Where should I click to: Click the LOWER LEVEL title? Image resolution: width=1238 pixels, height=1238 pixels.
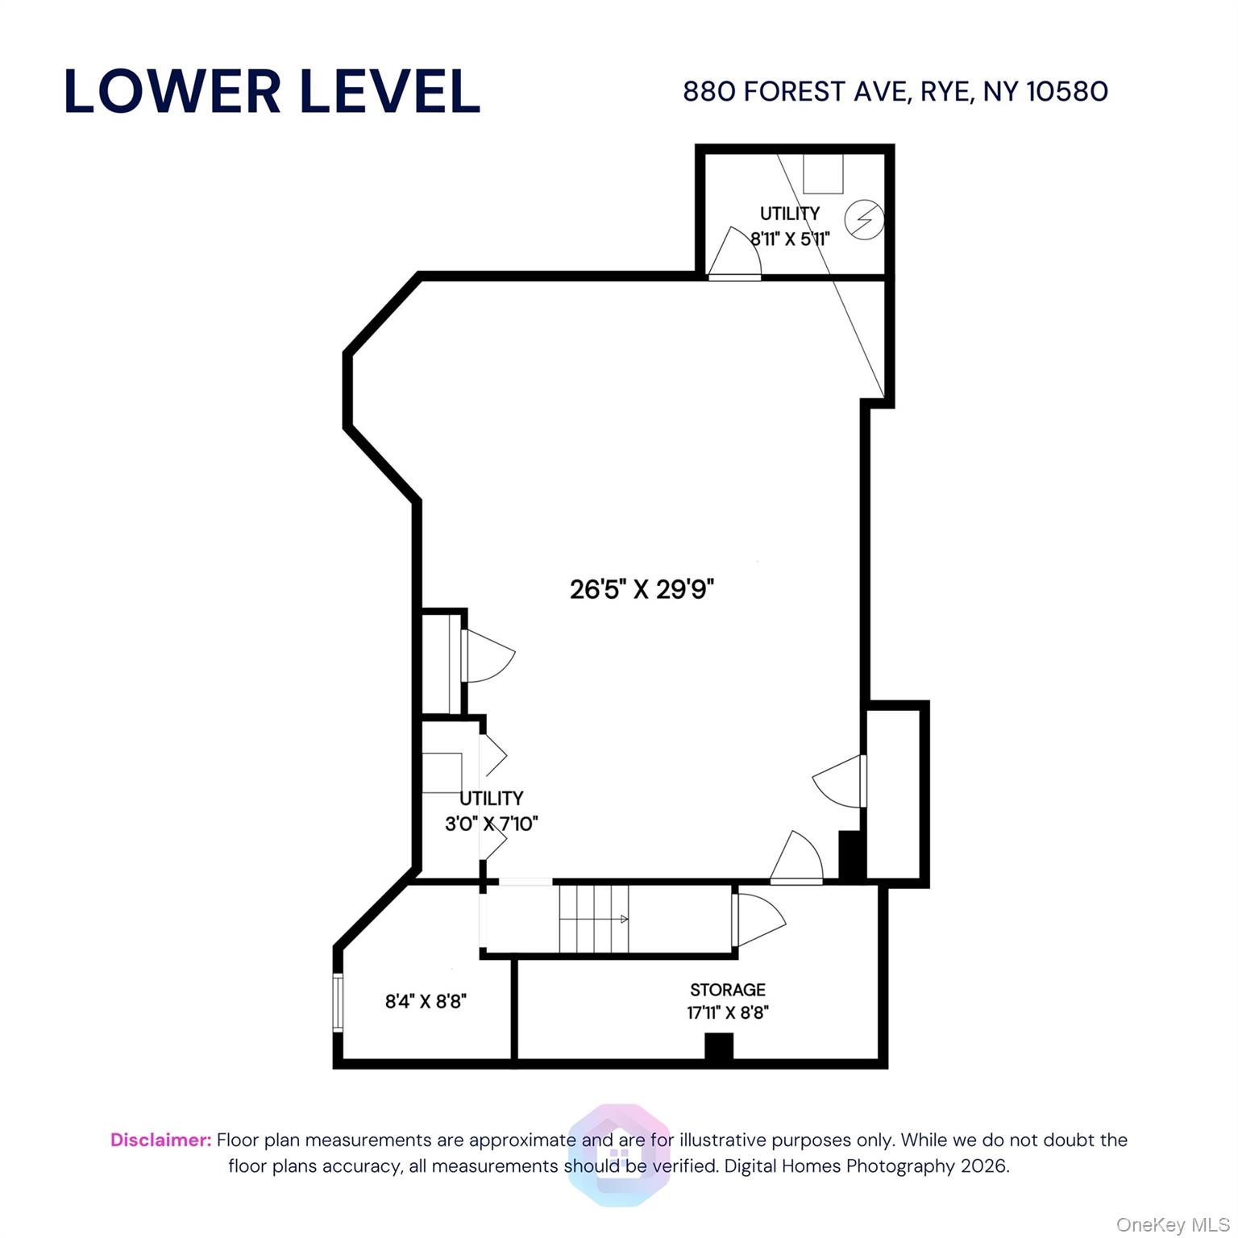click(x=272, y=91)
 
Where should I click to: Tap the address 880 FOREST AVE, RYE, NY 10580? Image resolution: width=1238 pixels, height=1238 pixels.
click(x=895, y=91)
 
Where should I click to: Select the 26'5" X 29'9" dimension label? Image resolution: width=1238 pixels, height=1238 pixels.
click(x=642, y=590)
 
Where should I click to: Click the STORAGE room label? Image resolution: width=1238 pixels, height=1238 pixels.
click(x=727, y=989)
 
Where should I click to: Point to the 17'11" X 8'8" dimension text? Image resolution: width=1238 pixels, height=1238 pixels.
click(x=727, y=1012)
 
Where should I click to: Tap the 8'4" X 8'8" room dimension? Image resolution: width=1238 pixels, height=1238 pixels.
click(x=426, y=1002)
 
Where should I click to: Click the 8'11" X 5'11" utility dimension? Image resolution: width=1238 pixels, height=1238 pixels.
click(x=790, y=239)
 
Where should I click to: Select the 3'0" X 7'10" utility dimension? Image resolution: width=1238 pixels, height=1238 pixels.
click(x=491, y=824)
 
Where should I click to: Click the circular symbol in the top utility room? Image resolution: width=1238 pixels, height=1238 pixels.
click(x=864, y=218)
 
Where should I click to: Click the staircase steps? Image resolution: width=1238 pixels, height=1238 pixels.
click(x=593, y=919)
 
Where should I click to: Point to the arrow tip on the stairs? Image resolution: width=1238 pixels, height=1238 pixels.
click(x=625, y=919)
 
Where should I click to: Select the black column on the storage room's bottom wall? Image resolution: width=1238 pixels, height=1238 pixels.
click(x=718, y=1046)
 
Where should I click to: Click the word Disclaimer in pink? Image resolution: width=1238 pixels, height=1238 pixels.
click(x=160, y=1140)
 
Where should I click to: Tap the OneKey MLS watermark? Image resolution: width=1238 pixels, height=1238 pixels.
click(x=1172, y=1225)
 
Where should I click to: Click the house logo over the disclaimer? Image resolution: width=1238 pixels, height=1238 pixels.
click(x=618, y=1154)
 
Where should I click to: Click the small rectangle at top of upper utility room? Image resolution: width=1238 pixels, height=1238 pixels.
click(x=822, y=173)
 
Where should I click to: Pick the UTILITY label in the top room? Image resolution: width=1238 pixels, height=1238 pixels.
click(x=790, y=214)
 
